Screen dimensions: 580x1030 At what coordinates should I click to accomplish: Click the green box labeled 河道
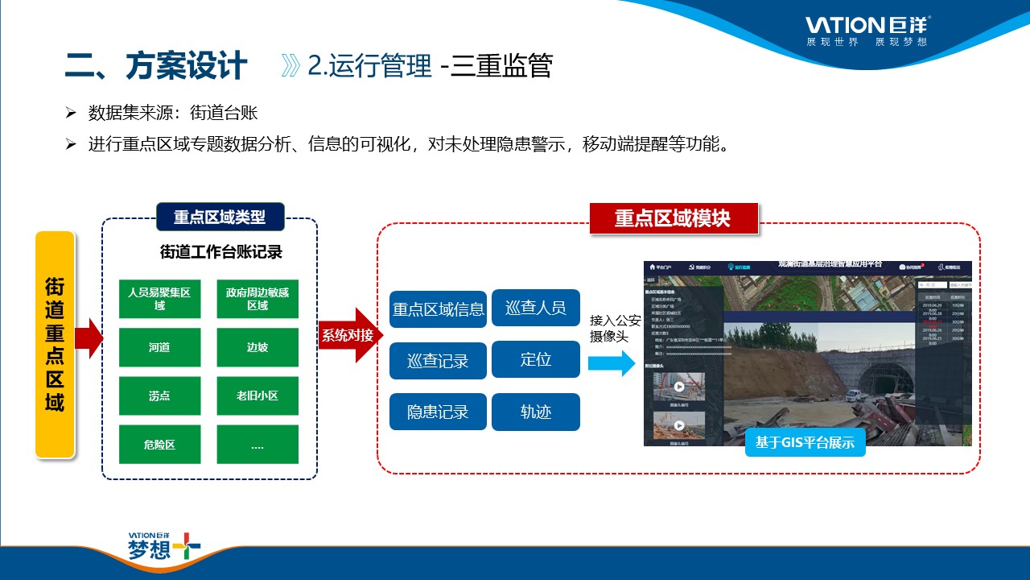tap(159, 348)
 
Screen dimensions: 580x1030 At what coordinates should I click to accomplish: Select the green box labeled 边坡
tap(257, 348)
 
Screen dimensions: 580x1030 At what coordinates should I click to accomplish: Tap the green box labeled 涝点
tap(159, 396)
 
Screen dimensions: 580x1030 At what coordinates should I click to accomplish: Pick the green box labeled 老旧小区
tap(257, 396)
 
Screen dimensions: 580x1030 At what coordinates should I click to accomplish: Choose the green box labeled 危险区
tap(159, 445)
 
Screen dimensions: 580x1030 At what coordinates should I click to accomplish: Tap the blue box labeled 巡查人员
tap(535, 308)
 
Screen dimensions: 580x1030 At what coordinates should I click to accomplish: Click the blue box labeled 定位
tap(535, 359)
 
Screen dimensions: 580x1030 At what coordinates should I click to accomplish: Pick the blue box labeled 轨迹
tap(535, 412)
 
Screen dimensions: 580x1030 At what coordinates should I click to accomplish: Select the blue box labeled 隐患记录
tap(438, 412)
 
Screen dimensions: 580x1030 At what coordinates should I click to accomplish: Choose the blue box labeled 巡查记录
tap(438, 361)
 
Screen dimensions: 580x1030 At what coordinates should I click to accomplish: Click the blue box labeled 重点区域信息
tap(438, 309)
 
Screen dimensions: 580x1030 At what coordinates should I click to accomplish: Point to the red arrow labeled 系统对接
tap(348, 335)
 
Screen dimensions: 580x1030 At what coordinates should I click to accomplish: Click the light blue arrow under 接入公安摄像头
tap(612, 363)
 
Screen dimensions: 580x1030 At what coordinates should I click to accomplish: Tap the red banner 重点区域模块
tap(673, 218)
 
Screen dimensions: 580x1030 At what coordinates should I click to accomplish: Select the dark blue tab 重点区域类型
tap(220, 217)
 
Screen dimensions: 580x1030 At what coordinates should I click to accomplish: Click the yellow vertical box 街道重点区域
tap(55, 345)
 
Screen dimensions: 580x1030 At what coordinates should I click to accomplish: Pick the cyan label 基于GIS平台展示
tap(805, 442)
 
